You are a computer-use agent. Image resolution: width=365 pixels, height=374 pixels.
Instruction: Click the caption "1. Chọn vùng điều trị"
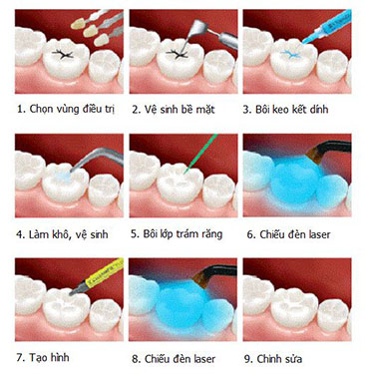(66, 110)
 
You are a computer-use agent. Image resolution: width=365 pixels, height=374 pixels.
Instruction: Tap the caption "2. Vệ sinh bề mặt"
(174, 110)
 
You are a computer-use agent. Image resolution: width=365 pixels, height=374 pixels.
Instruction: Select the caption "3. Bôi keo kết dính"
(285, 110)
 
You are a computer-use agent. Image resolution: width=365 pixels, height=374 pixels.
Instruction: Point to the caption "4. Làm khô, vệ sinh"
(62, 234)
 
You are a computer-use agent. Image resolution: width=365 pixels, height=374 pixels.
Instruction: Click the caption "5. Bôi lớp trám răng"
(177, 234)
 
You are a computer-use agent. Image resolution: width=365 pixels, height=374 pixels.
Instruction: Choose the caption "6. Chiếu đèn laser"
(288, 234)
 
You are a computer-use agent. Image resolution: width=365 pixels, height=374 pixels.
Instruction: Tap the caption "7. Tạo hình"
(43, 357)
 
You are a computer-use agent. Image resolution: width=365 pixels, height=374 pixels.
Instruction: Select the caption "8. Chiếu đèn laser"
(174, 359)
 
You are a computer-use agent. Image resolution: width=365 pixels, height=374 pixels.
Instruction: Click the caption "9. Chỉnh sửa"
(273, 359)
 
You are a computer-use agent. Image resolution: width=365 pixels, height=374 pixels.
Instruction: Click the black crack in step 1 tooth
(63, 54)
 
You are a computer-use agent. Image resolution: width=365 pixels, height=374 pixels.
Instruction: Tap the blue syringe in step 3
(327, 26)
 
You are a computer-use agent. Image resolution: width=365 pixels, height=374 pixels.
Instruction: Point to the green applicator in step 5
(199, 154)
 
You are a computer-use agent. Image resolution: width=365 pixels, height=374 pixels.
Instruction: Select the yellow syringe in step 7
(97, 276)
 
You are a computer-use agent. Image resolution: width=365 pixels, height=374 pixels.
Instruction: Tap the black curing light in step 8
(214, 274)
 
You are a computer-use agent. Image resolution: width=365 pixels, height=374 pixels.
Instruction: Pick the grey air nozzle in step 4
(95, 159)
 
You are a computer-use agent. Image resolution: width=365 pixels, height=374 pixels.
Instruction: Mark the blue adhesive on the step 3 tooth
(290, 54)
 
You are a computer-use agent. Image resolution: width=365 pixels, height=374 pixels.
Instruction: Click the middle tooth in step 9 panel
(294, 308)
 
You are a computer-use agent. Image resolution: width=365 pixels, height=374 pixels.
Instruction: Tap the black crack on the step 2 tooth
(178, 54)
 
